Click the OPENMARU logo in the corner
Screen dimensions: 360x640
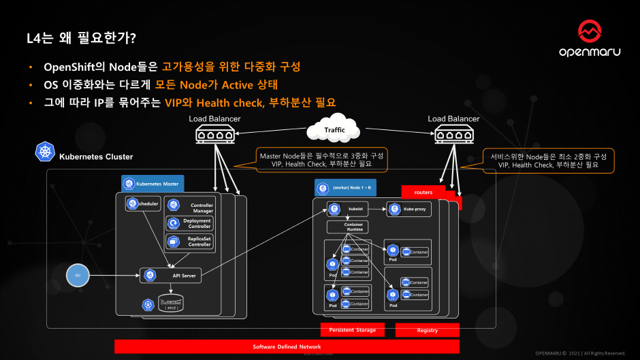click(590, 39)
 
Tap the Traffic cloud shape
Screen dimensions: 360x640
click(334, 129)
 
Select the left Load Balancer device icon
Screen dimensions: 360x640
click(214, 135)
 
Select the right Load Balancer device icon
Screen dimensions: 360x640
click(453, 135)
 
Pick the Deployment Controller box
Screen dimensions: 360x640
click(191, 224)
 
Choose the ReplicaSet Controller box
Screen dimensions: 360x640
click(191, 242)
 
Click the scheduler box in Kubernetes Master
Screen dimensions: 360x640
click(142, 203)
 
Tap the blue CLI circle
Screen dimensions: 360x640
click(78, 276)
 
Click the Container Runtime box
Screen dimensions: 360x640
click(353, 227)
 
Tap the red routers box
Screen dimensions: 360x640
click(423, 192)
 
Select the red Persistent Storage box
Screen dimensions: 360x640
click(352, 330)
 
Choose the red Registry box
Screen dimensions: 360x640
click(427, 330)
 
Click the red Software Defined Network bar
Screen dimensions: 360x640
click(287, 347)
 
